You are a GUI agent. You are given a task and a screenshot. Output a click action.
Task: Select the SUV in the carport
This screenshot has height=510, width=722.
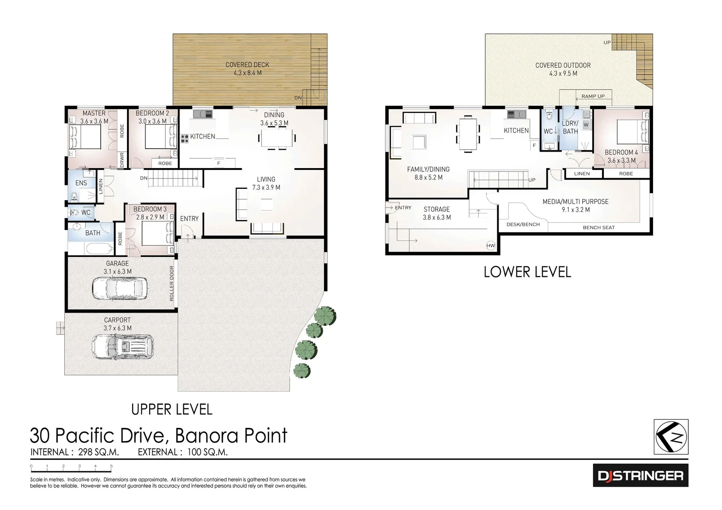tap(122, 347)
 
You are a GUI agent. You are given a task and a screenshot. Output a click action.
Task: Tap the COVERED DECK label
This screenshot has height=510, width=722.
tap(247, 65)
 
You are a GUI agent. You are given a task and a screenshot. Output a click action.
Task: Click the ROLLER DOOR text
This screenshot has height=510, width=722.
tap(171, 283)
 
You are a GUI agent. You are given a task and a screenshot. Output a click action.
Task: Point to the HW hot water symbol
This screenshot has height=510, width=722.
tap(491, 246)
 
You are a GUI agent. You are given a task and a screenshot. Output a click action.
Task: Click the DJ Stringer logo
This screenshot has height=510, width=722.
tap(640, 475)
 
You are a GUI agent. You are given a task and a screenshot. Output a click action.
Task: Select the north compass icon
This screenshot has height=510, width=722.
tap(671, 437)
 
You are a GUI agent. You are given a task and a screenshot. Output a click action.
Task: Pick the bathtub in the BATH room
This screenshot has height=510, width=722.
tap(91, 249)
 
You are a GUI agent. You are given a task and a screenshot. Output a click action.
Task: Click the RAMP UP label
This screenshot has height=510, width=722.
tap(593, 96)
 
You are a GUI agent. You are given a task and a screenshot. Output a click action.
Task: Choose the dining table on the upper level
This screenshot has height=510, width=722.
tap(277, 138)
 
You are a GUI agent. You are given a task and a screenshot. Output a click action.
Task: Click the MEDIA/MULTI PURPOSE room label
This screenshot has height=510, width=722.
tap(575, 202)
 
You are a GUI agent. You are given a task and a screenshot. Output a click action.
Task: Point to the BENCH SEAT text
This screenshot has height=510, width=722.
tap(598, 228)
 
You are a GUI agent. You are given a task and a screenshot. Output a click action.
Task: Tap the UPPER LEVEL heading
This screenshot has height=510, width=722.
tap(171, 409)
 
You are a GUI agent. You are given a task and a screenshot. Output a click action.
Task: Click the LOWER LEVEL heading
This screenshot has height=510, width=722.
tap(527, 272)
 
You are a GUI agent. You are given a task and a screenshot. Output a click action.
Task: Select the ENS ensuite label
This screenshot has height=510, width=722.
tap(81, 183)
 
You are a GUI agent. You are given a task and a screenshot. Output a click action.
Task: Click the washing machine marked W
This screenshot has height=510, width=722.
tap(586, 125)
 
